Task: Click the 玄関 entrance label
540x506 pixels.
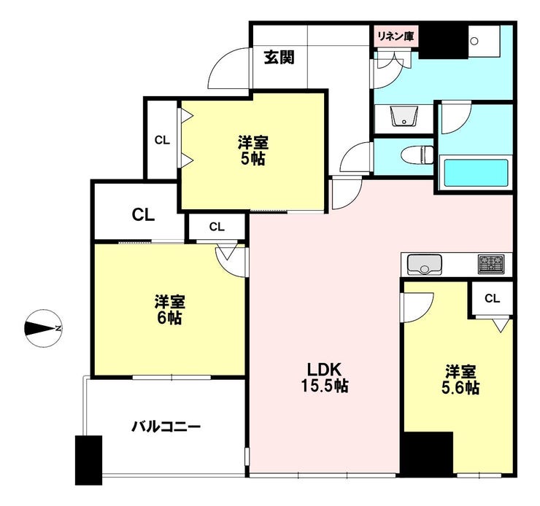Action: [279, 57]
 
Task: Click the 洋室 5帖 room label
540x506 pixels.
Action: [251, 150]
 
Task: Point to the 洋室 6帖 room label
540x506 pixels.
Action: [169, 309]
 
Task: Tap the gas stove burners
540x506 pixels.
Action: [491, 263]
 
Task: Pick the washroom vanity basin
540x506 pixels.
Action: [402, 117]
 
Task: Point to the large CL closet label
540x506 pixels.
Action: [143, 215]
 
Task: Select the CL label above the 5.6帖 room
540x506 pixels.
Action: [492, 298]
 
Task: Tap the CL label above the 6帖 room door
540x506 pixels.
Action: [217, 227]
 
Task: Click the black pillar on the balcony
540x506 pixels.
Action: [88, 459]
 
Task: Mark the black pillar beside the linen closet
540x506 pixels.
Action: [442, 42]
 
